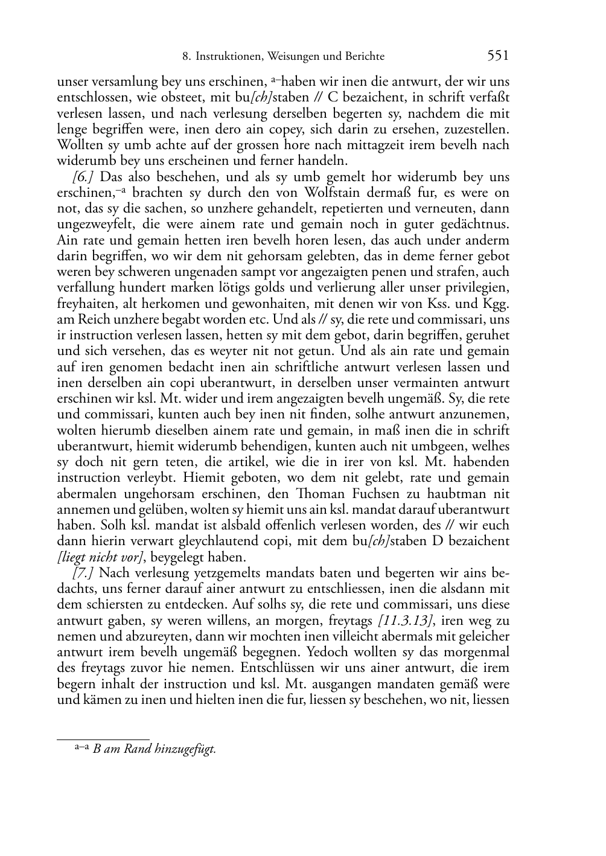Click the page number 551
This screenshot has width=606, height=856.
click(498, 56)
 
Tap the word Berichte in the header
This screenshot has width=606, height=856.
click(365, 57)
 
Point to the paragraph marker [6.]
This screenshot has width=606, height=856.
click(82, 177)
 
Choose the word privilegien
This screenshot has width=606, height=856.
click(477, 287)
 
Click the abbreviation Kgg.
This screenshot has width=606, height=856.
click(497, 303)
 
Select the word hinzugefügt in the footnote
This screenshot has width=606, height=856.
click(185, 749)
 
